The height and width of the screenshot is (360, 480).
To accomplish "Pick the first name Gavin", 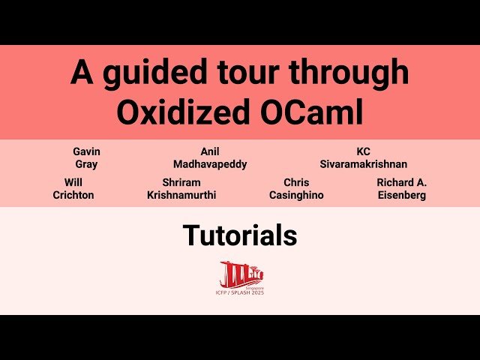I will [86, 151].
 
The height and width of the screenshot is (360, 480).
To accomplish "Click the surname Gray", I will [86, 164].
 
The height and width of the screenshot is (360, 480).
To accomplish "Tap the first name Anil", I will [210, 151].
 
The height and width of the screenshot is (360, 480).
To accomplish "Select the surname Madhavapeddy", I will [210, 164].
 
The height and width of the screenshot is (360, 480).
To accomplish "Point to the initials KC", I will [364, 151].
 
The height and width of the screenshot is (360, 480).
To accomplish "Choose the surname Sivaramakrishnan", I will [364, 164].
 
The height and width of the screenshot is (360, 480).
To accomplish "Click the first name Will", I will [73, 182].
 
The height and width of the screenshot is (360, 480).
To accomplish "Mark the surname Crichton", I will [73, 195].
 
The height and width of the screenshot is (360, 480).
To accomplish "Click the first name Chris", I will [296, 182].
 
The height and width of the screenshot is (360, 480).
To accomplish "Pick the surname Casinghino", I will [296, 195].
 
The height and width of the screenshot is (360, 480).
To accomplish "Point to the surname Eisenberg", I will [401, 195].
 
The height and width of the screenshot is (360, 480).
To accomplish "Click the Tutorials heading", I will [240, 235].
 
